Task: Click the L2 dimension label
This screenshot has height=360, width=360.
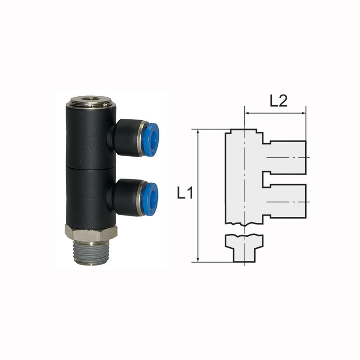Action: point(279,100)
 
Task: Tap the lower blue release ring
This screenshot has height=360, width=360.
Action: point(149,198)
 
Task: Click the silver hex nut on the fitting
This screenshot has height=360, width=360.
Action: point(91,233)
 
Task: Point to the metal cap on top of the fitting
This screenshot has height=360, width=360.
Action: point(91,103)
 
